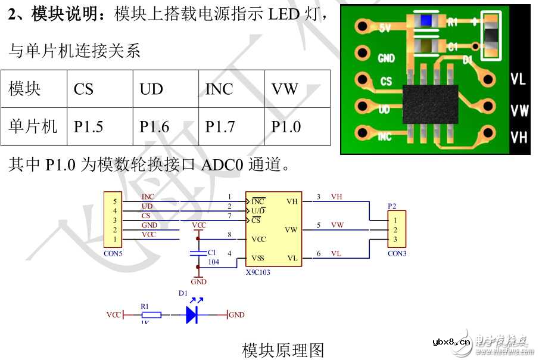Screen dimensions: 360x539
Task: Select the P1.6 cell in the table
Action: coord(154,127)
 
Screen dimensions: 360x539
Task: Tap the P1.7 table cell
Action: coord(220,127)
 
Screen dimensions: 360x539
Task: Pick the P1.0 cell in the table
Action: coord(286,127)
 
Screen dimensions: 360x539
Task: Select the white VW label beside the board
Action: coord(519,110)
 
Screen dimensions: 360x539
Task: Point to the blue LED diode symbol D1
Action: coord(192,315)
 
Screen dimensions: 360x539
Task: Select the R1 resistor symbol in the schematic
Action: coord(151,315)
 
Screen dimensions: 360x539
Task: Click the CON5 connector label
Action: coord(113,253)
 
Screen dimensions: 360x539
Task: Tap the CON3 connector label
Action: coord(397,253)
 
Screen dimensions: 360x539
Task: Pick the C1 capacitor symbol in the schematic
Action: coord(198,253)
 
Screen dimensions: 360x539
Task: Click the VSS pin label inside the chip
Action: coord(258,258)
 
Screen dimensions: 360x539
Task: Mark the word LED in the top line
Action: coord(283,14)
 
